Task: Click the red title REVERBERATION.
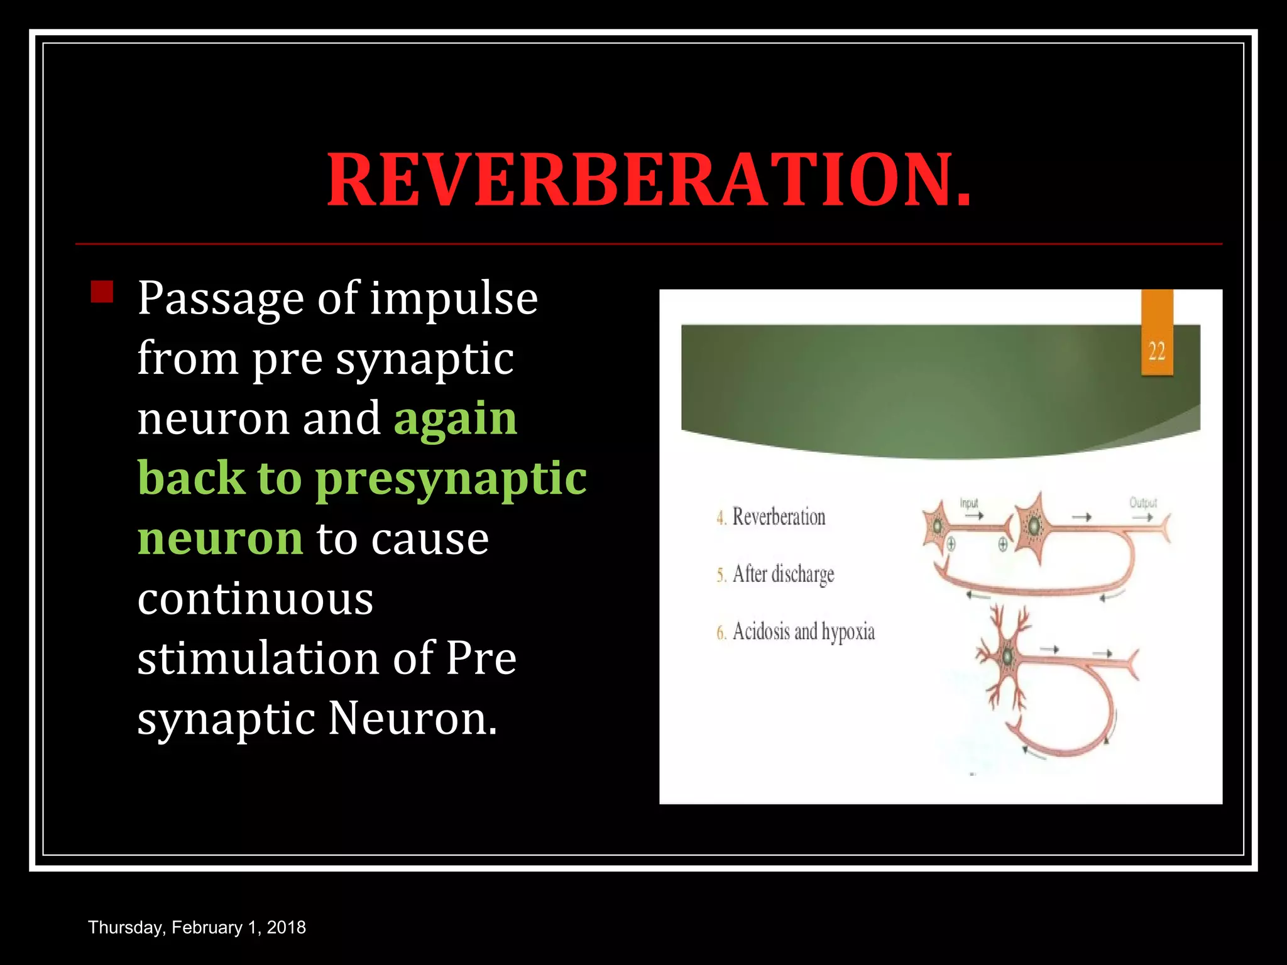point(649,180)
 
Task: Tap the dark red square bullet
point(102,292)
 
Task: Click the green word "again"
point(456,419)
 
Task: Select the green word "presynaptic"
point(451,479)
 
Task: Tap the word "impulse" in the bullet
point(453,299)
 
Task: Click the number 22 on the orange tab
point(1156,351)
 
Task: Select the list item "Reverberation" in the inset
point(779,517)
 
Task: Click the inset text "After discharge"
point(783,574)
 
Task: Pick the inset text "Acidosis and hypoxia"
point(803,631)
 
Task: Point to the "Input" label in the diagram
point(969,503)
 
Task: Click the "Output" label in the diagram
point(1142,503)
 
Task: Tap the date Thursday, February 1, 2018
point(197,927)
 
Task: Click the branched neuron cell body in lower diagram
point(1007,657)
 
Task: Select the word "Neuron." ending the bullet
point(412,719)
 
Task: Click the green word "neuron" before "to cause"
point(220,539)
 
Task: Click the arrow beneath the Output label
point(1142,517)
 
